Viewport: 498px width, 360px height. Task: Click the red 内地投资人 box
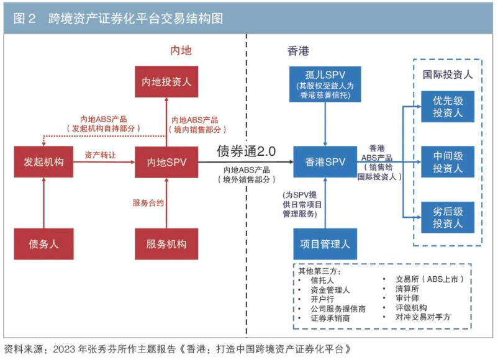[x=166, y=81]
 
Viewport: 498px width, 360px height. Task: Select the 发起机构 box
[x=43, y=162]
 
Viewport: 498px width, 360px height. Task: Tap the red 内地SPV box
[x=166, y=162]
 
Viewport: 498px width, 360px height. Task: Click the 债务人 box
[x=43, y=244]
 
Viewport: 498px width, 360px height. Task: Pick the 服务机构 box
[x=166, y=244]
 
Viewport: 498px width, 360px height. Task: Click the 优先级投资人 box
[x=448, y=106]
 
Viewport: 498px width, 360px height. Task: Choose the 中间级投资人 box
[x=448, y=162]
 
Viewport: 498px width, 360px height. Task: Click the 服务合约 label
[x=148, y=202]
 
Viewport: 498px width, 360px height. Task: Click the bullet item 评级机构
[x=411, y=307]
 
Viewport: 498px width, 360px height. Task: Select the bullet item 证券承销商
[x=330, y=318]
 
